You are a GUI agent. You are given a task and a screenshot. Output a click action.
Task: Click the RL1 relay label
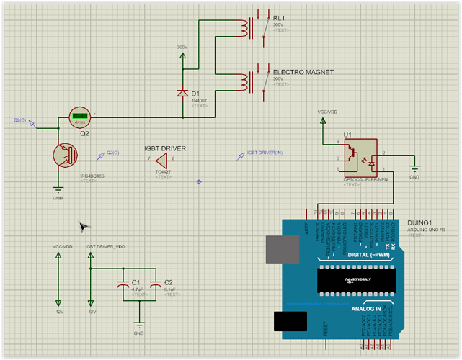click(279, 17)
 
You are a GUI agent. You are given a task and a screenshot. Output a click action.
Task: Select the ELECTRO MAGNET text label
click(297, 73)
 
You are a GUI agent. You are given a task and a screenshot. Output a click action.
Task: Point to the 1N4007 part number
click(199, 100)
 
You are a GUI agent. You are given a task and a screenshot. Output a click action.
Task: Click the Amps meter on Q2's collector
click(80, 117)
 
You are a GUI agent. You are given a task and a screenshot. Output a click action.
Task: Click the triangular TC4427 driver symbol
click(161, 158)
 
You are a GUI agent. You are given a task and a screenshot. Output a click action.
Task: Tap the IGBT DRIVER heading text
click(165, 148)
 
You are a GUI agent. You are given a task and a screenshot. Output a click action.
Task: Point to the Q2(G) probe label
click(113, 153)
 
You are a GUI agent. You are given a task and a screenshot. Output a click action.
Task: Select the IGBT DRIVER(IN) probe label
click(265, 153)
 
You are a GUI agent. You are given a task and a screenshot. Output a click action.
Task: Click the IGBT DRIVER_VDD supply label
click(105, 246)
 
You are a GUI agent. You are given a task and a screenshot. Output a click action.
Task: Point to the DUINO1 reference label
click(419, 223)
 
